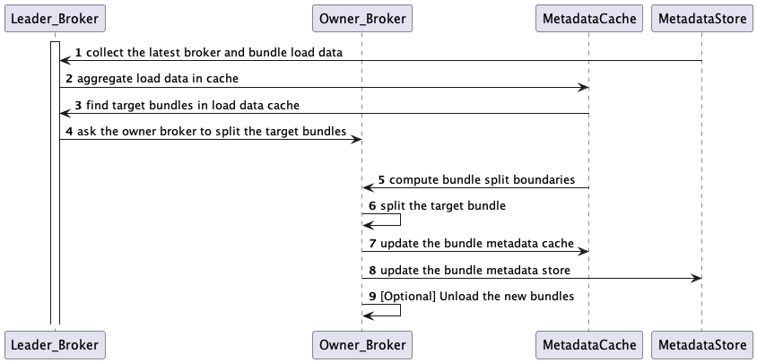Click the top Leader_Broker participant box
point(54,17)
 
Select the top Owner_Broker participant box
point(361,17)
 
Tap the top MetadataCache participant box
point(589,17)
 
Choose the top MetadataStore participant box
point(701,17)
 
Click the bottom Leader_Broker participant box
point(54,343)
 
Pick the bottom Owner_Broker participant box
point(361,343)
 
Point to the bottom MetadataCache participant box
point(589,343)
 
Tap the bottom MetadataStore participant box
point(701,343)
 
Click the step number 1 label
point(79,53)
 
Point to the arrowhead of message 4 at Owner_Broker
point(356,139)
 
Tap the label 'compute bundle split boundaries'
point(482,179)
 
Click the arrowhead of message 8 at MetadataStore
point(696,279)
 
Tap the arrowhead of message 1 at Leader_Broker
point(65,61)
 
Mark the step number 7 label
point(370,244)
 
